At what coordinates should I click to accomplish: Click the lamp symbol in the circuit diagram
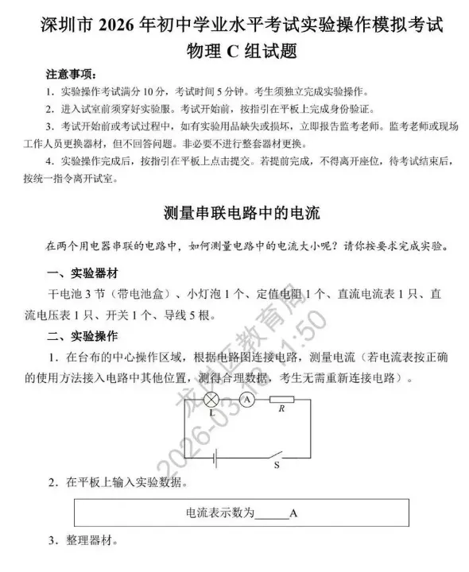[x=212, y=400]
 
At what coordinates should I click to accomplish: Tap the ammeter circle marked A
[x=247, y=400]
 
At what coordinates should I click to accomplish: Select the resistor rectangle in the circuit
[x=283, y=400]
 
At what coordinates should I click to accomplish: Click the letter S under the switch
[x=277, y=467]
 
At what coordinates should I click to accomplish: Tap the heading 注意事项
[x=71, y=75]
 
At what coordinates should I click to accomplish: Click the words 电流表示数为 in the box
[x=220, y=512]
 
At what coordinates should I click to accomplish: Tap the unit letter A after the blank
[x=293, y=513]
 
